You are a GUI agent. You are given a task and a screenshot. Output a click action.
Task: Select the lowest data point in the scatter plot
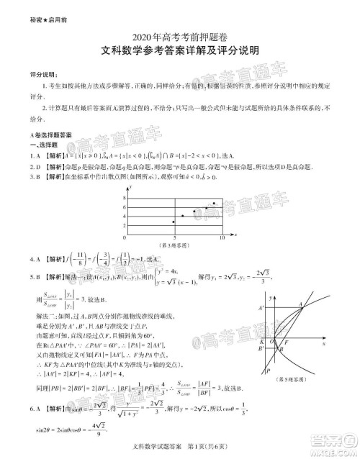pos(174,222)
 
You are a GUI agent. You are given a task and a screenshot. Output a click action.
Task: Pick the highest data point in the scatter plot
pos(215,204)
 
